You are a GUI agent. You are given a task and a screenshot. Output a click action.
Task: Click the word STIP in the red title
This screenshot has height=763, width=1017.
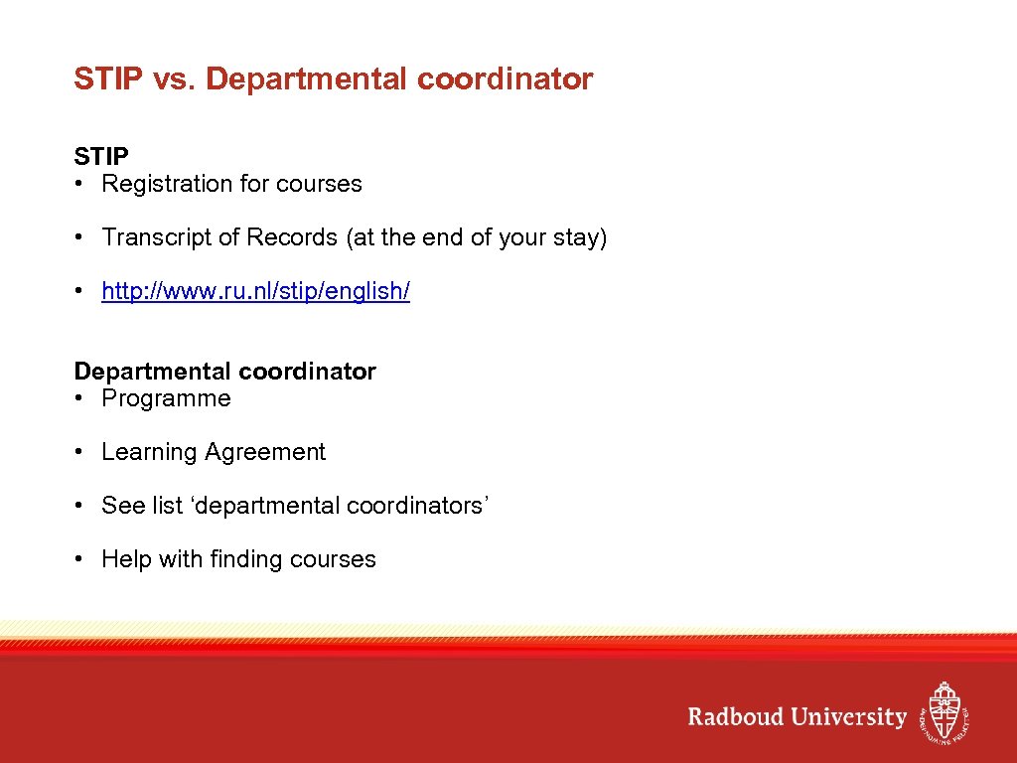click(108, 79)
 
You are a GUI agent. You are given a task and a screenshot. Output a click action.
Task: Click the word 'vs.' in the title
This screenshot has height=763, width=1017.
click(175, 79)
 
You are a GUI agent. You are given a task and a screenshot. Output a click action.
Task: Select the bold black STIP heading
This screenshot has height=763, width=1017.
click(101, 157)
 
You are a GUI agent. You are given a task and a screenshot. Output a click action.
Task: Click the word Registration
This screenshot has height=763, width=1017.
click(166, 184)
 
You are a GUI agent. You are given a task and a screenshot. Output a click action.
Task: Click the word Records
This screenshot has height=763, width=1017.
click(292, 237)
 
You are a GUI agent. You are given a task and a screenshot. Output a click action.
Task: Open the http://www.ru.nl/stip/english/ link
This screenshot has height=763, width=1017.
click(255, 291)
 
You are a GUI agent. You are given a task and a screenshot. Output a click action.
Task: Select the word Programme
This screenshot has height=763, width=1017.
click(166, 398)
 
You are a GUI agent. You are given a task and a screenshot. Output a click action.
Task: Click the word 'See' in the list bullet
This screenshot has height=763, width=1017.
click(123, 506)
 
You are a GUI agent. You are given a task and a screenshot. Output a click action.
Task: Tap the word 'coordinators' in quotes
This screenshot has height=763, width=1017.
click(414, 506)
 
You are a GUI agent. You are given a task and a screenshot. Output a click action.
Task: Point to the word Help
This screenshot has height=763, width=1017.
click(126, 559)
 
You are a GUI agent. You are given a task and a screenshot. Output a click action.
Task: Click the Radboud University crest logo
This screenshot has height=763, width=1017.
click(943, 711)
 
